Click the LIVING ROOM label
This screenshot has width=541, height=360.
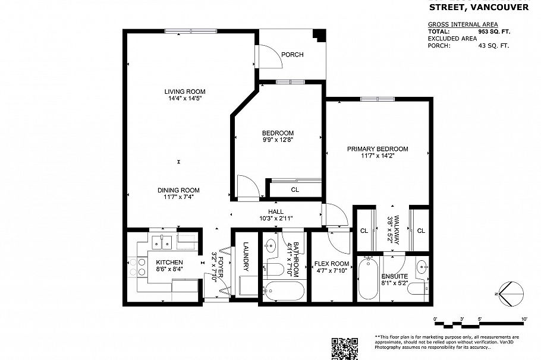[x=185, y=91]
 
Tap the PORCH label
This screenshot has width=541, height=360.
[x=292, y=55]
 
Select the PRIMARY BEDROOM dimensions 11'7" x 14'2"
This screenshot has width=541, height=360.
[x=378, y=156]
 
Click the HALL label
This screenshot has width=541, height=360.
[x=275, y=211]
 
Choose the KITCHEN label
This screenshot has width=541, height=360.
[x=169, y=262]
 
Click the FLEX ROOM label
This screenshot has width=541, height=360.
[x=331, y=264]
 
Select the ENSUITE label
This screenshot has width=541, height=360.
[x=395, y=277]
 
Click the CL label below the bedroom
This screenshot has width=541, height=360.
[x=295, y=190]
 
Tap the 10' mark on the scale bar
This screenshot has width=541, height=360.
[x=524, y=320]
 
